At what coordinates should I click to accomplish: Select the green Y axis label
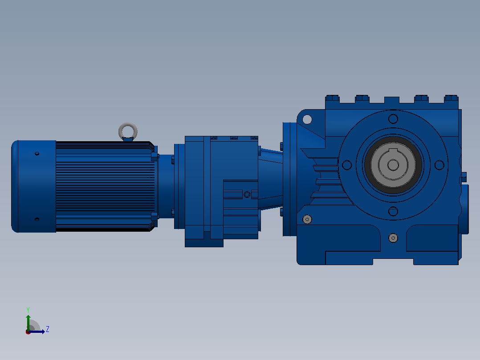pos(28,310)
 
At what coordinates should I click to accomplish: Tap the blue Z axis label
pos(48,329)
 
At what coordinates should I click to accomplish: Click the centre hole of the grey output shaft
pos(393,165)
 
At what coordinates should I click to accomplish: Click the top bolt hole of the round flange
pos(393,119)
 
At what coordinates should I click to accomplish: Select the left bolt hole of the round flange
pos(347,165)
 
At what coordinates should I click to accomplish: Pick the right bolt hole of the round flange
pos(439,165)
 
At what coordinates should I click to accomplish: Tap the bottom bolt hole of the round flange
pos(393,211)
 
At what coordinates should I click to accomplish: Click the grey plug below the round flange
pos(393,238)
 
